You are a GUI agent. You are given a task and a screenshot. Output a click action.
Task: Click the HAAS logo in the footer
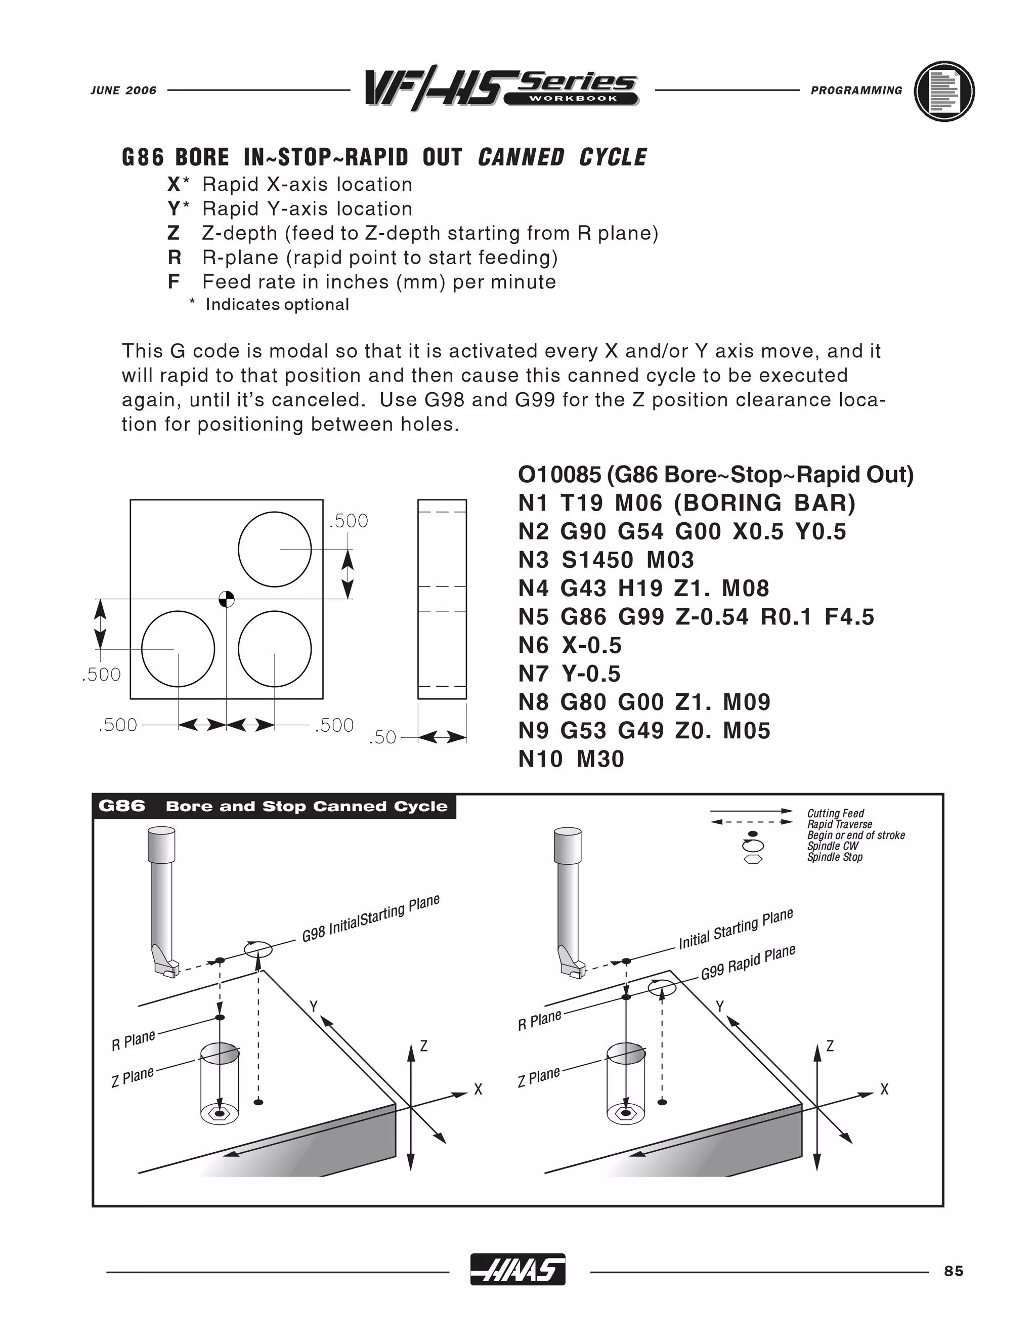point(517,1269)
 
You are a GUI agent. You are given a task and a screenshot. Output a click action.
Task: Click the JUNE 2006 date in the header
point(123,90)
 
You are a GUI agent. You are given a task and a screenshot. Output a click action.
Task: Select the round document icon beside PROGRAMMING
point(944,91)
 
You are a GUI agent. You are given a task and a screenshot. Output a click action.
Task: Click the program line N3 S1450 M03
point(606,560)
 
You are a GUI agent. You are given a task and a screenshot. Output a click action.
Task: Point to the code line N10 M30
point(571,759)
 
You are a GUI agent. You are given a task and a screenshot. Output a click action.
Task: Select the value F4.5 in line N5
point(849,616)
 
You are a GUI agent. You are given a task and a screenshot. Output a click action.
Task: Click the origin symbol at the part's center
point(227,599)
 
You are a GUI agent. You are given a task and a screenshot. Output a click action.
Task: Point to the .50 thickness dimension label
point(382,737)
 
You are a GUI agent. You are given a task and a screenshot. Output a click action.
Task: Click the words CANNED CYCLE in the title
point(562,157)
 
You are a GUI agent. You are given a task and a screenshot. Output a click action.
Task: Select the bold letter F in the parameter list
point(174,282)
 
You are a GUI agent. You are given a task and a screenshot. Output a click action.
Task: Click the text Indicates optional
point(277,305)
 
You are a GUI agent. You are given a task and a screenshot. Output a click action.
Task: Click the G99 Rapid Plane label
point(748,962)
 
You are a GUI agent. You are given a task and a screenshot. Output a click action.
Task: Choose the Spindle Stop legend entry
point(835,857)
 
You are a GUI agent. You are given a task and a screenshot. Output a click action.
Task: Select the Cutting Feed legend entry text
point(835,814)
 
